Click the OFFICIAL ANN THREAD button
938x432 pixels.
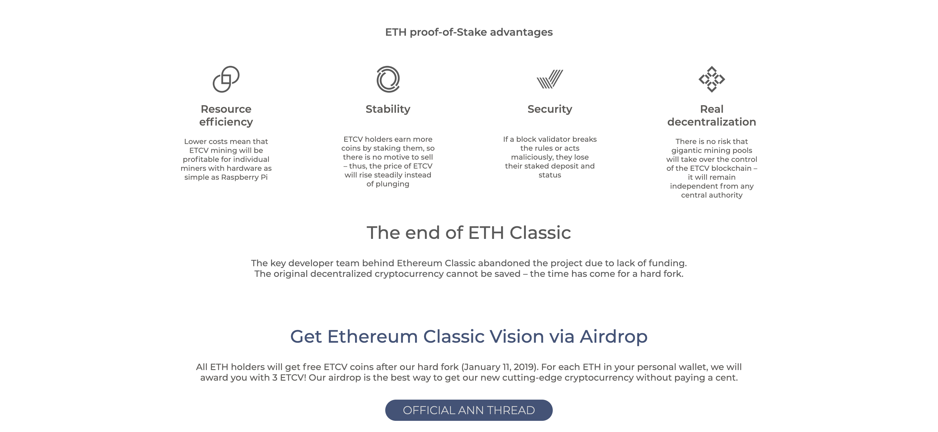[469, 410]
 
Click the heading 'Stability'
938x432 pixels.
[388, 109]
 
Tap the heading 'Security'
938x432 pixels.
[550, 109]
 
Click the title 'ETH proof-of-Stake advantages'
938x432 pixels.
[469, 32]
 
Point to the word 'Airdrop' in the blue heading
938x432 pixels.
[614, 337]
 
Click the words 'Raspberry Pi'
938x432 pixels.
[244, 177]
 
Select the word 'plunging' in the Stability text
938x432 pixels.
[393, 184]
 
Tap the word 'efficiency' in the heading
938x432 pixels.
[226, 122]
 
